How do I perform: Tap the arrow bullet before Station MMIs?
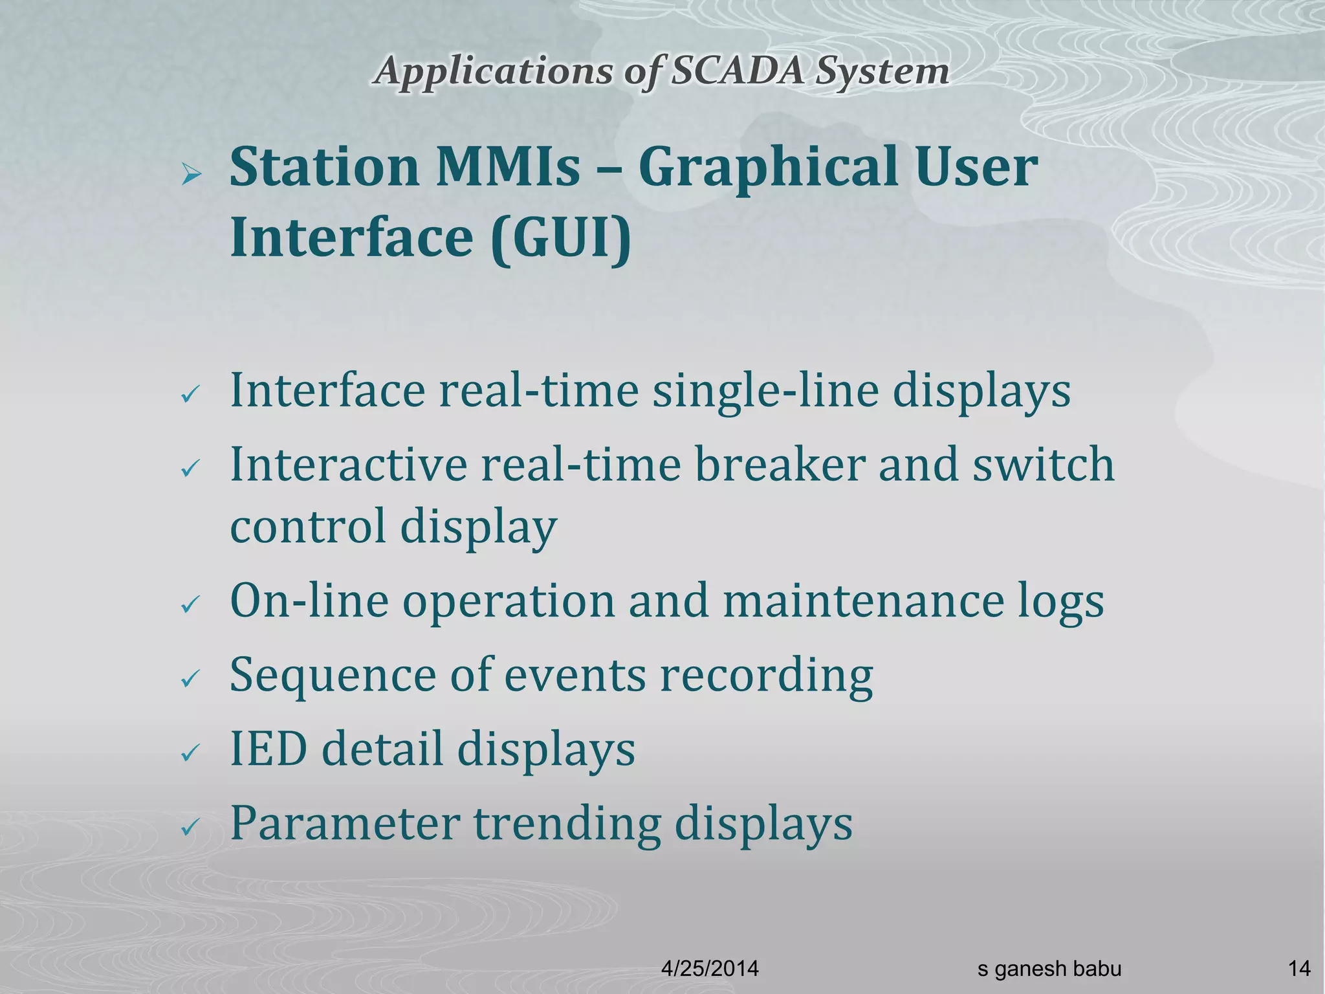tap(192, 173)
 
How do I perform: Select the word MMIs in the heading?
tap(507, 168)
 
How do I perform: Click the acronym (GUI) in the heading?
tap(560, 238)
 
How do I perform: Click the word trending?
tap(567, 824)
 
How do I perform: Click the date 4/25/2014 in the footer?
tap(710, 969)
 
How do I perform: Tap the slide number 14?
tap(1298, 969)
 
